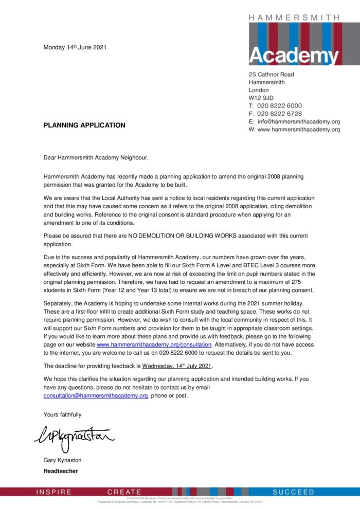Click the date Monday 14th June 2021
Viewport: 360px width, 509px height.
(75, 48)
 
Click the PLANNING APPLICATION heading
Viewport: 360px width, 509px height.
(84, 125)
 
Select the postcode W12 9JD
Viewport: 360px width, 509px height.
(262, 98)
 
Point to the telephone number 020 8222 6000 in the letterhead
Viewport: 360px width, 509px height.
(279, 105)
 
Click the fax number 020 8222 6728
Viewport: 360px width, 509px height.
(279, 114)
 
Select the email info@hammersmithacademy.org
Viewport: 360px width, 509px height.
(298, 121)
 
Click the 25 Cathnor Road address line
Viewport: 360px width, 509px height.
(271, 75)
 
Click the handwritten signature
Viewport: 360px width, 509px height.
(75, 437)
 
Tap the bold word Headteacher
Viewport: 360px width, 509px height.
(61, 470)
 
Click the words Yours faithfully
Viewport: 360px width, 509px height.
(62, 414)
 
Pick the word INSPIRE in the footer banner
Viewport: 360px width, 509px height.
(54, 492)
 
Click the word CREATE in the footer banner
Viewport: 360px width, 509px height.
(124, 492)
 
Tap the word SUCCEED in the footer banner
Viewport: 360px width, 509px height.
(293, 492)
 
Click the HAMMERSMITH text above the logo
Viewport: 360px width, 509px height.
(294, 17)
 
